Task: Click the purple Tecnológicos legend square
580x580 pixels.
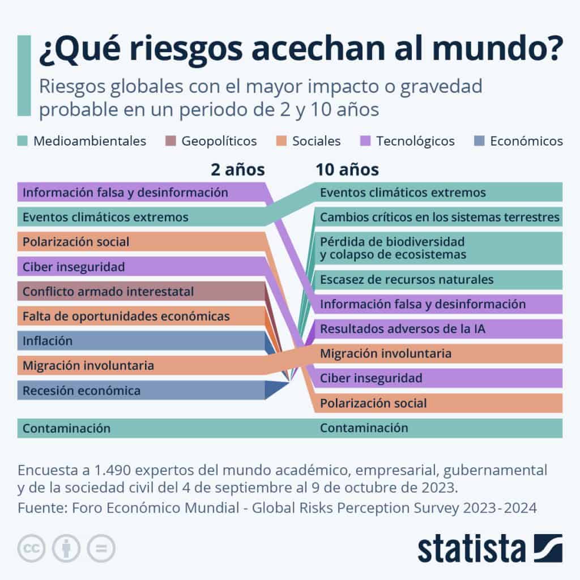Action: (365, 141)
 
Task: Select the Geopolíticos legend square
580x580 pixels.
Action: (170, 141)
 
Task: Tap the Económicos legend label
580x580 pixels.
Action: (526, 141)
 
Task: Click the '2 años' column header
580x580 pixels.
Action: (238, 170)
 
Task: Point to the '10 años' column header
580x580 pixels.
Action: (347, 170)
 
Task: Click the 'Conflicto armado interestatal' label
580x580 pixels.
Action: (108, 292)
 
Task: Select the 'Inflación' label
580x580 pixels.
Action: (48, 340)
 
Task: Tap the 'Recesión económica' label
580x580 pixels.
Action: (82, 391)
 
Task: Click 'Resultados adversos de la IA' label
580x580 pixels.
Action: (403, 329)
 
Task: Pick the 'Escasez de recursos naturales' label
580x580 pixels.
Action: (407, 279)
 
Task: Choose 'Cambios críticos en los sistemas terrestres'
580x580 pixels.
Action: (440, 217)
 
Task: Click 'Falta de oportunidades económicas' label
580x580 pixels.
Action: (126, 316)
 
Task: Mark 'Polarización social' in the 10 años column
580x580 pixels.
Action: (373, 403)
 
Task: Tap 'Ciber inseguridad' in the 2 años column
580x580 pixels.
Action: (74, 267)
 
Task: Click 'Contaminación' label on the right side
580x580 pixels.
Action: (364, 428)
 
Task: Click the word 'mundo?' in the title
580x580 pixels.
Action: (497, 48)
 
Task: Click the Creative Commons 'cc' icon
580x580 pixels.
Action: (31, 548)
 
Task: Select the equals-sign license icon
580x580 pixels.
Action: (101, 548)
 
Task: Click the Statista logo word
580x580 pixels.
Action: (472, 549)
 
